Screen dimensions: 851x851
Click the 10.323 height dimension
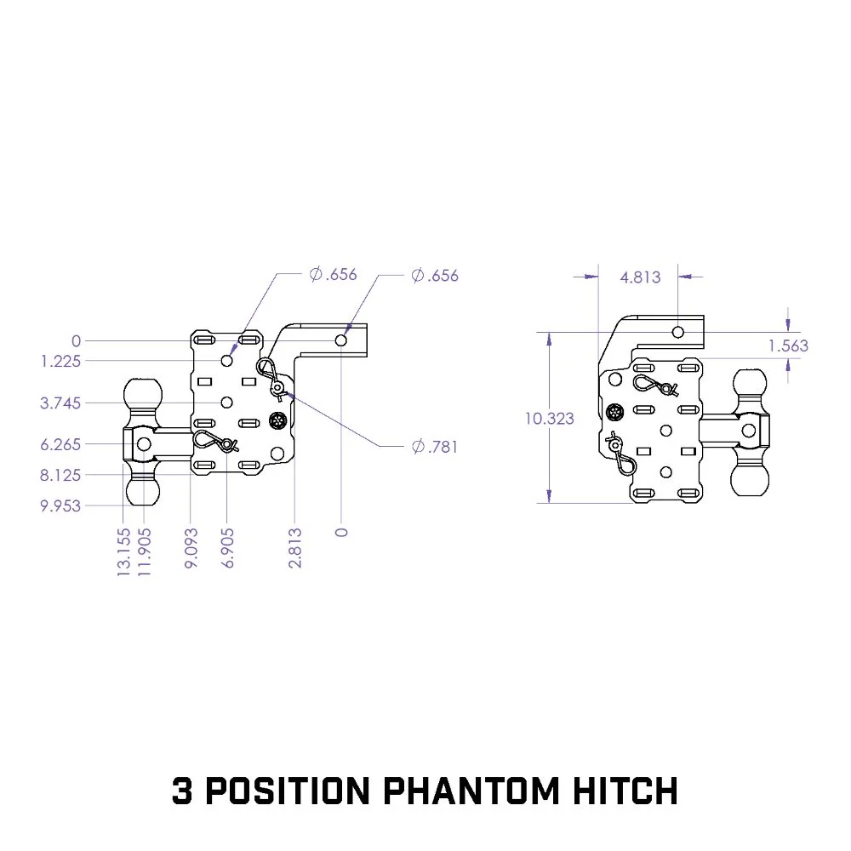coord(549,419)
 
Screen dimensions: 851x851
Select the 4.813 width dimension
coord(641,277)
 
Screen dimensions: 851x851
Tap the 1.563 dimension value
coord(788,346)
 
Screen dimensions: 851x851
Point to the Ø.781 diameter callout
coord(435,447)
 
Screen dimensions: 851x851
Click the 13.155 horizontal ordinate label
coord(123,552)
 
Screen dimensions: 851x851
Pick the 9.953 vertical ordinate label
coord(60,505)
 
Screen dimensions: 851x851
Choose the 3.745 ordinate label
coord(60,403)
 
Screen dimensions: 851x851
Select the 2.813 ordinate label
coord(294,548)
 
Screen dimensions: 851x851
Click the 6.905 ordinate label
coord(228,548)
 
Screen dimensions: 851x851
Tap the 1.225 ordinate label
coord(60,361)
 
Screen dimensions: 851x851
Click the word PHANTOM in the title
coord(471,791)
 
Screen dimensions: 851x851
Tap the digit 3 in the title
coord(182,791)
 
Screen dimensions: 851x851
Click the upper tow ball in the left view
coord(143,397)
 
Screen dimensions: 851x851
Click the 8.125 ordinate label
coord(60,476)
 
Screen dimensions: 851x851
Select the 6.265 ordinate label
coord(60,444)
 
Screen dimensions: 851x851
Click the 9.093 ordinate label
coord(191,548)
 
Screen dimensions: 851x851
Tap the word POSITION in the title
coord(288,791)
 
